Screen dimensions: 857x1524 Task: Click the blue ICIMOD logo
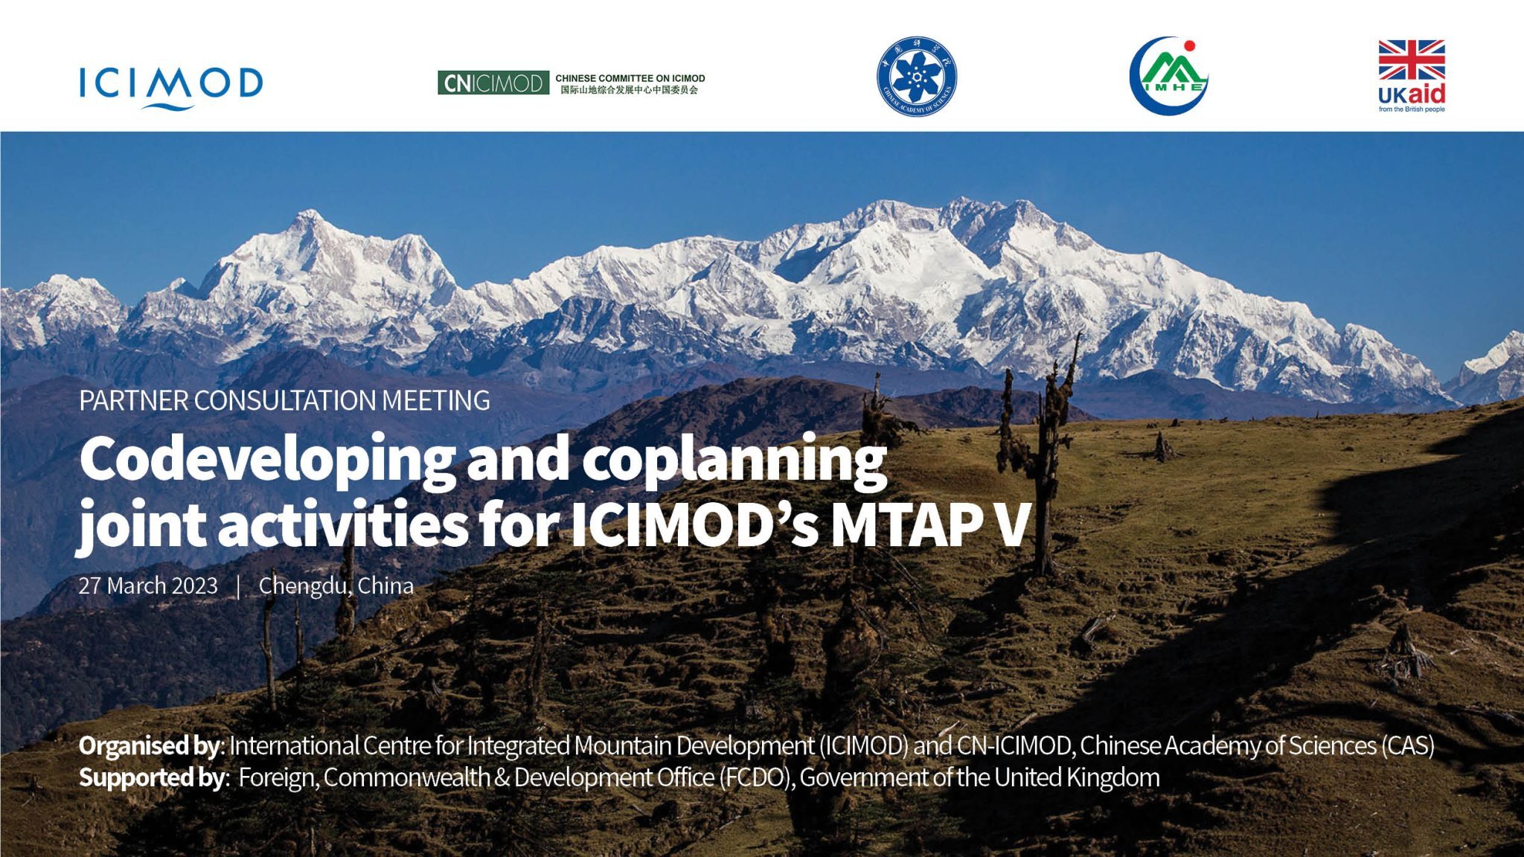[x=171, y=86]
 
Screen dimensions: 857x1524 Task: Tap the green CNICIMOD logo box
[x=493, y=83]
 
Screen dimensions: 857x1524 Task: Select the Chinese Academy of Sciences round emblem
[x=916, y=77]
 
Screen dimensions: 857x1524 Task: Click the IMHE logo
[x=1168, y=77]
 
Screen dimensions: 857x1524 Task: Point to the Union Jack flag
[x=1411, y=60]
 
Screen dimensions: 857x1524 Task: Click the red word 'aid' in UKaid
[x=1427, y=94]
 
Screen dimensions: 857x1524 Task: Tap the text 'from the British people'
[x=1411, y=109]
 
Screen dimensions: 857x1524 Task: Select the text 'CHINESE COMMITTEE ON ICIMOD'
[x=630, y=78]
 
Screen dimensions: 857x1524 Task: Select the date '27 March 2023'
[x=148, y=586]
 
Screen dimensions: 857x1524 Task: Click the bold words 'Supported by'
[x=151, y=777]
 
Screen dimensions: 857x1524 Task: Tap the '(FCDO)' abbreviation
[x=757, y=777]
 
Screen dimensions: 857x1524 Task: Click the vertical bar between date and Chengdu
[x=238, y=586]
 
